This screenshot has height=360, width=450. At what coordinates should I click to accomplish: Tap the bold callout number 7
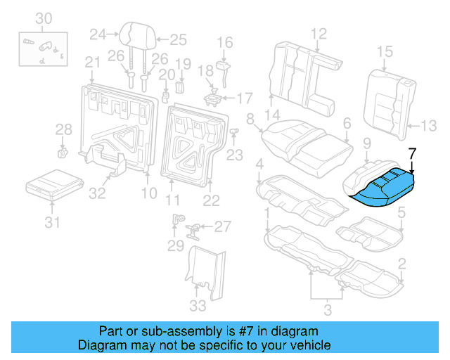[x=413, y=153]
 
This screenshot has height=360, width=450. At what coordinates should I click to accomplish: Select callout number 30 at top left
[x=43, y=18]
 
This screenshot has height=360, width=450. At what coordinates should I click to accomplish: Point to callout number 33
[x=198, y=306]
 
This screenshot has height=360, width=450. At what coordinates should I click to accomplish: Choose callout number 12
[x=319, y=32]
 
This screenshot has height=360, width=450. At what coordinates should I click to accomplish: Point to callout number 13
[x=428, y=126]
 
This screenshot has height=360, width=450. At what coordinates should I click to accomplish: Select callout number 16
[x=224, y=43]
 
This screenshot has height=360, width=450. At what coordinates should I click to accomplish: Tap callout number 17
[x=243, y=97]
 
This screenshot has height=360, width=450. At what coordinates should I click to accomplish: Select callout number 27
[x=222, y=226]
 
